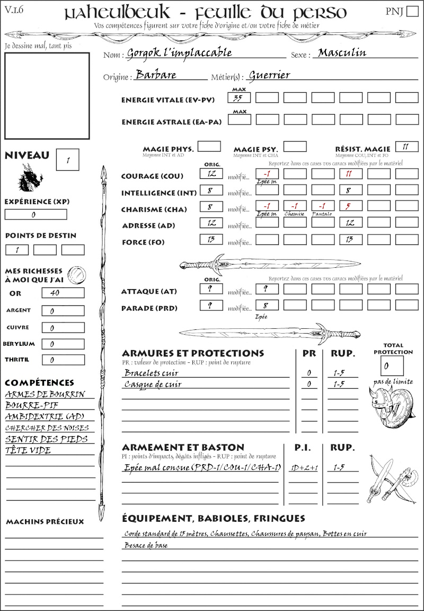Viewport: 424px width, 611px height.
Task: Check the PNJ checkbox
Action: [412, 12]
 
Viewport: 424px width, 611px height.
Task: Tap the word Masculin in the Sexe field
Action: [342, 53]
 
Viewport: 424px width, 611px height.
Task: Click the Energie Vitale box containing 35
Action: [239, 98]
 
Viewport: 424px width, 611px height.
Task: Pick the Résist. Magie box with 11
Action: [406, 147]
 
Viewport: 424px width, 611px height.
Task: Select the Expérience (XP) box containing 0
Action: [36, 215]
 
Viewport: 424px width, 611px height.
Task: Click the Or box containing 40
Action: [63, 293]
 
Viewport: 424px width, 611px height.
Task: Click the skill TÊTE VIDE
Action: [28, 450]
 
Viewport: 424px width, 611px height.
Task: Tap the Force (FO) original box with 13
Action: [211, 239]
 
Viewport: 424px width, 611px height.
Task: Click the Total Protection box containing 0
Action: [392, 365]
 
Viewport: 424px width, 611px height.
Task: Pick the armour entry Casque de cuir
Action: [153, 385]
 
